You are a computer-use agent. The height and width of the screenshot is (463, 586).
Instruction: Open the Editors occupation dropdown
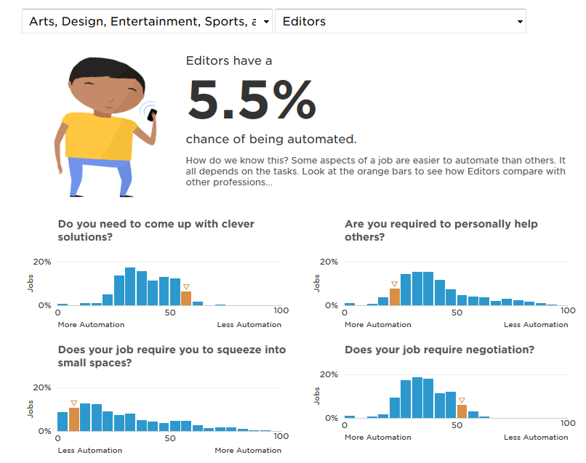coord(400,22)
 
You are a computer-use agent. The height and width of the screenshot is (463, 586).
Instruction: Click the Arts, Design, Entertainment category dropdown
coord(147,22)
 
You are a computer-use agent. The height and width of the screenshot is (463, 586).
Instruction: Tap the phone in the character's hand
coord(151,114)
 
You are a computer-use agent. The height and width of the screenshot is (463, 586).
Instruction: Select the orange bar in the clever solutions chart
coord(186,298)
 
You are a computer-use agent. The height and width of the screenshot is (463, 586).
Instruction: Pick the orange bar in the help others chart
coord(395,297)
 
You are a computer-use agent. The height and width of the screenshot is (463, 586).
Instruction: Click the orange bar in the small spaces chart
coord(74,419)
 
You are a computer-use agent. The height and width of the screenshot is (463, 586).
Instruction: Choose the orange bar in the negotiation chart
coord(462,411)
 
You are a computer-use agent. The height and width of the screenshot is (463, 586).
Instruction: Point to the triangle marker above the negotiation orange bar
coord(462,400)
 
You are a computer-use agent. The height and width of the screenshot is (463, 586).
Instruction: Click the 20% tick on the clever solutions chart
coord(42,262)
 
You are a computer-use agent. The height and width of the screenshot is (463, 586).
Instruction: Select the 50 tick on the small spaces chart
coord(170,438)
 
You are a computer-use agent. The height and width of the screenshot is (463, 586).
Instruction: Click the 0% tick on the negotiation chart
coord(331,418)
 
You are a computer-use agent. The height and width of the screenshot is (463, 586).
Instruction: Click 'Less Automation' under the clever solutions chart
coord(249,325)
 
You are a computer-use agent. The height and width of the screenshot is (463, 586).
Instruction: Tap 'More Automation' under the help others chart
coord(377,325)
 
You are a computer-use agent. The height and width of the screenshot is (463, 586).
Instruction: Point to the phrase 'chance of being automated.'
coord(271,139)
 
